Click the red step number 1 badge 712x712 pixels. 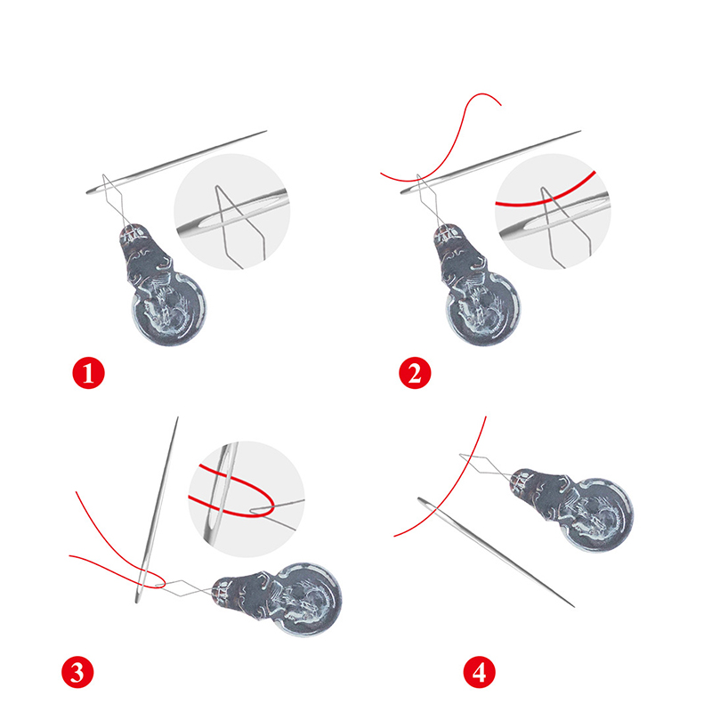tap(88, 373)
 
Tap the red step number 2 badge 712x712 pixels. tap(415, 373)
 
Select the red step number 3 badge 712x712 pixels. tap(77, 672)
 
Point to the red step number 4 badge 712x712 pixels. tap(480, 672)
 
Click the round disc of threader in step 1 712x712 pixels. tap(169, 310)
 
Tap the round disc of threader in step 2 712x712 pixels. tap(484, 310)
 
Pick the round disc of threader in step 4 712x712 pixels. tap(597, 514)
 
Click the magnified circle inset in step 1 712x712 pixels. tap(231, 212)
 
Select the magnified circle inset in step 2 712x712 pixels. tap(553, 212)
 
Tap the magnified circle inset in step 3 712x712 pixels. tap(247, 499)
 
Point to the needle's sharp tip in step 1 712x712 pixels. tap(266, 131)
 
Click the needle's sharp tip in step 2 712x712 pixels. tap(581, 131)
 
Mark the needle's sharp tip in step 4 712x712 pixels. tap(574, 607)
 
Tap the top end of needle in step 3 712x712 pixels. tap(177, 417)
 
